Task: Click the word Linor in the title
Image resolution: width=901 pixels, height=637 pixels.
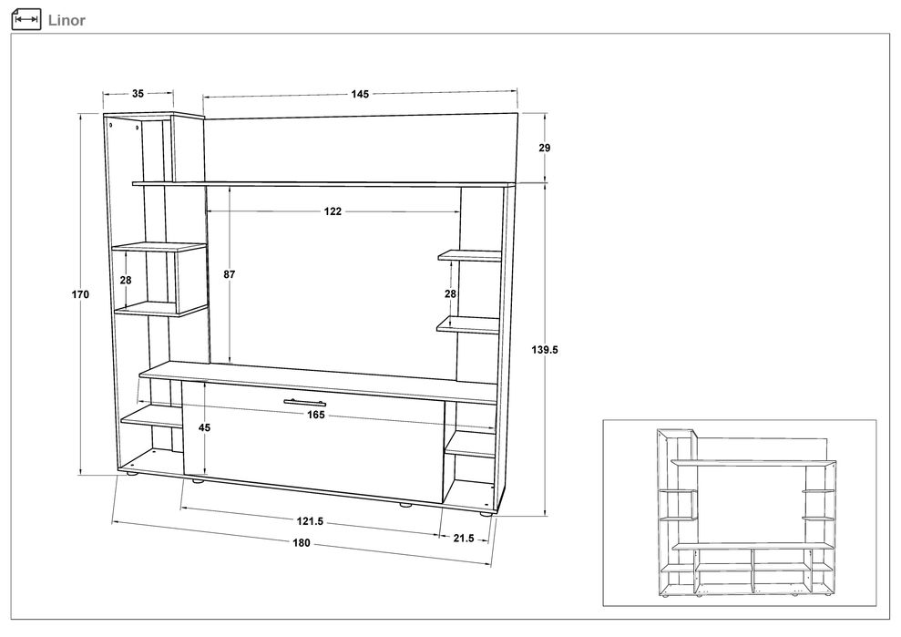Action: pyautogui.click(x=67, y=20)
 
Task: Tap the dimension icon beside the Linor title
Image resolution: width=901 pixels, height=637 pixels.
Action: pyautogui.click(x=26, y=19)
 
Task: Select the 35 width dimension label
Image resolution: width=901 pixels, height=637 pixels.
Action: pyautogui.click(x=138, y=93)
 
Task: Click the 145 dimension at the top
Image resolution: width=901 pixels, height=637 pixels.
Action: pyautogui.click(x=360, y=94)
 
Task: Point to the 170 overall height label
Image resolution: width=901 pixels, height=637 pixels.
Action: pyautogui.click(x=80, y=294)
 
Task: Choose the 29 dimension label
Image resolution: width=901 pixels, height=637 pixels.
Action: pyautogui.click(x=544, y=148)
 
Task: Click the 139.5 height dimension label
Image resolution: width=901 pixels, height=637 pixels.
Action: pyautogui.click(x=544, y=350)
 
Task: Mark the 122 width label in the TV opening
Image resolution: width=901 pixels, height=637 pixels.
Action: pyautogui.click(x=333, y=211)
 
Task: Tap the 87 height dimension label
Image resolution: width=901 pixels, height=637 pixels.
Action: pyautogui.click(x=230, y=275)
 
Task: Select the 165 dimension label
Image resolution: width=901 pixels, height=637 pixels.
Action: pyautogui.click(x=316, y=415)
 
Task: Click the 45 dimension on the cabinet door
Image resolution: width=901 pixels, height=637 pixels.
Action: pyautogui.click(x=205, y=427)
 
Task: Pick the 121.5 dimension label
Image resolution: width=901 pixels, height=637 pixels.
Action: pyautogui.click(x=311, y=521)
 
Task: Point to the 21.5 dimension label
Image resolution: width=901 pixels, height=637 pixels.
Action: pyautogui.click(x=464, y=538)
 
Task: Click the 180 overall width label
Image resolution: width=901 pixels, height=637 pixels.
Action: pyautogui.click(x=302, y=543)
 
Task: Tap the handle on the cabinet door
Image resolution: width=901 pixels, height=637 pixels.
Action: pyautogui.click(x=304, y=402)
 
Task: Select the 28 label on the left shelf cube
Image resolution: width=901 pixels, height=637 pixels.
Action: pyautogui.click(x=126, y=281)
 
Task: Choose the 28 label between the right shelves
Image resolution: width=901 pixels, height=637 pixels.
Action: pyautogui.click(x=450, y=293)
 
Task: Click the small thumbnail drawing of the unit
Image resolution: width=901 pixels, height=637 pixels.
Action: pyautogui.click(x=746, y=512)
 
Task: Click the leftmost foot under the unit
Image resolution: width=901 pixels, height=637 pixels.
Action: pyautogui.click(x=131, y=475)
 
